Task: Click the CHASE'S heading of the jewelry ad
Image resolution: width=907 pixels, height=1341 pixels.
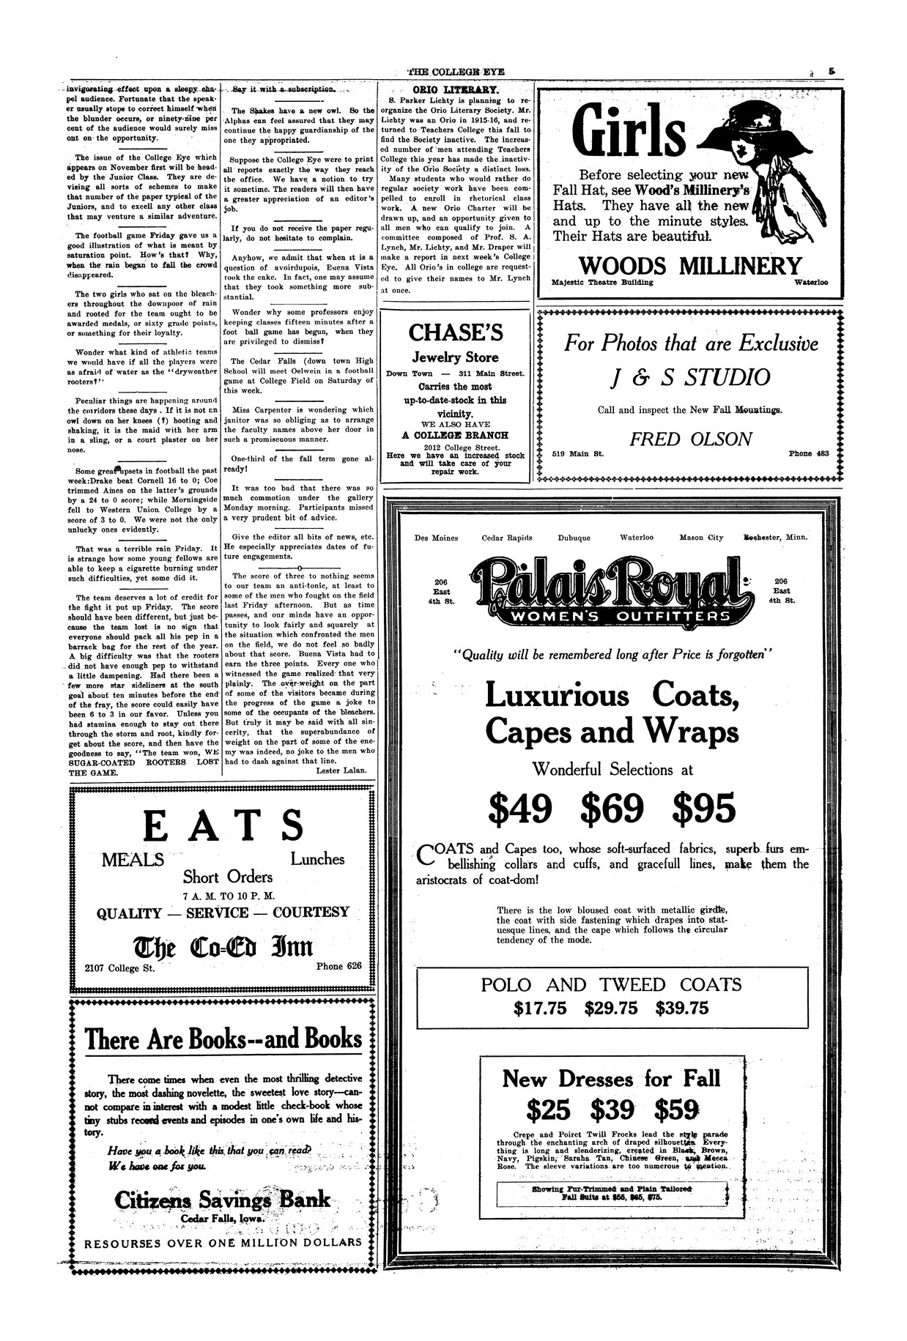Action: tap(455, 333)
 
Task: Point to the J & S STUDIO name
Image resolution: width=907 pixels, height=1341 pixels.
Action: tap(689, 377)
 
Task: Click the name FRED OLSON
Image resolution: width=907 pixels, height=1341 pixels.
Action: tap(691, 439)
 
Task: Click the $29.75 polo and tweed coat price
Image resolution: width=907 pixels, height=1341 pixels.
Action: tap(611, 1008)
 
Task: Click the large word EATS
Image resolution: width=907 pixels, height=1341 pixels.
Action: tap(223, 825)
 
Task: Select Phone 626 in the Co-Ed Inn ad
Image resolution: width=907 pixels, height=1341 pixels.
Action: tap(338, 966)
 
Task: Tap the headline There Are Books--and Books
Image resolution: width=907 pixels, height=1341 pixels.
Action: tap(223, 1039)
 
